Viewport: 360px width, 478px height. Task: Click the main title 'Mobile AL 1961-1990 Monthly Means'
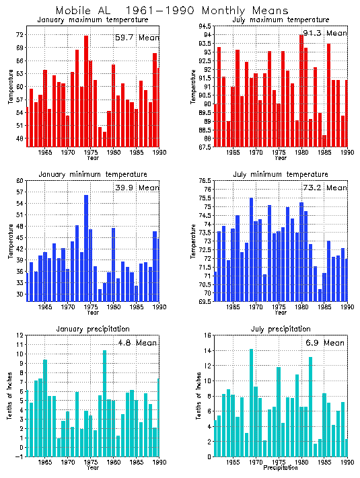point(172,11)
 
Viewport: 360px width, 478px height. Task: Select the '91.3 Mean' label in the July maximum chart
point(325,33)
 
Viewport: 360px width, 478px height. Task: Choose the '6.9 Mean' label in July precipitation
point(325,342)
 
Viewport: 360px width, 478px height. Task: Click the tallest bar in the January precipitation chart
point(104,403)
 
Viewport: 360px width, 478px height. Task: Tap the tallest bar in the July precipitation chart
point(251,403)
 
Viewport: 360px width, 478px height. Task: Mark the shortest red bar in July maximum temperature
point(324,141)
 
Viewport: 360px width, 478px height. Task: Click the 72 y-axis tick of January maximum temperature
point(20,35)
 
